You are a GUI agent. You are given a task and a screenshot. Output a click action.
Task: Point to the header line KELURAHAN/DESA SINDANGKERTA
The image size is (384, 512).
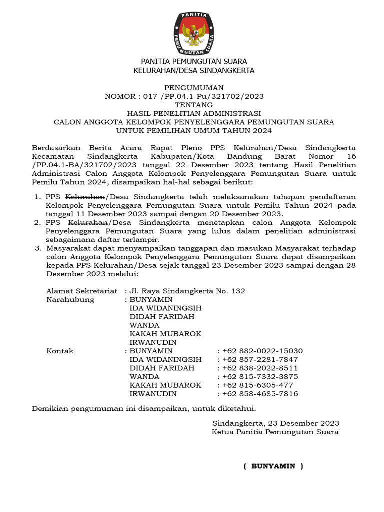(193, 70)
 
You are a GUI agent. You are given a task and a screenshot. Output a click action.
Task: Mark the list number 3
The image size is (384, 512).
(37, 248)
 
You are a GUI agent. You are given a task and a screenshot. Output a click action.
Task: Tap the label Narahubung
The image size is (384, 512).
(70, 299)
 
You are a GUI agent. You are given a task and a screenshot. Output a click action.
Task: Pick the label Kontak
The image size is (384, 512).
(60, 351)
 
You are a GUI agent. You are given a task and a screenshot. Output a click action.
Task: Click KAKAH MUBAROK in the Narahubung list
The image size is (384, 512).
(165, 333)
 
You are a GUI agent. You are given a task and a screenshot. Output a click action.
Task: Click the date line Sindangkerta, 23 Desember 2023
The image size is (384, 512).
(275, 423)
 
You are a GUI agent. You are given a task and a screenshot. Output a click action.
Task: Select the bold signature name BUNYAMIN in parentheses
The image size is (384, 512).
(273, 466)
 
